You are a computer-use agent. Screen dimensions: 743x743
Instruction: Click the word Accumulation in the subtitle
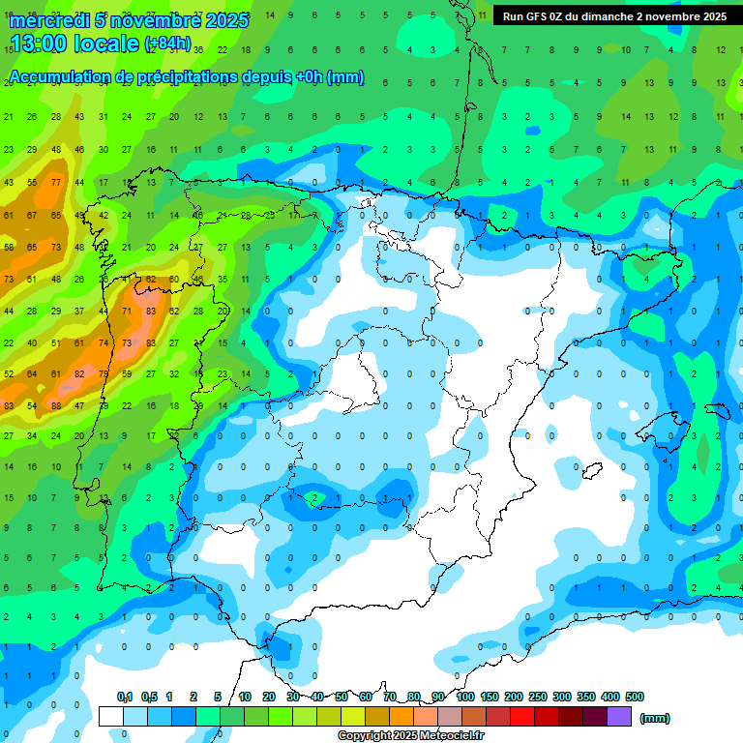pyautogui.click(x=65, y=77)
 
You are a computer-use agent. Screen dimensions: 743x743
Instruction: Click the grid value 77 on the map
pyautogui.click(x=57, y=182)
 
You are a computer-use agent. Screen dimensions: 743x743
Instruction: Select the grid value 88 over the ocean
pyautogui.click(x=56, y=405)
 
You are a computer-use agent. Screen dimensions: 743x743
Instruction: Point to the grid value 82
pyautogui.click(x=80, y=373)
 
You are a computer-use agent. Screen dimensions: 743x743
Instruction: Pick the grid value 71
pyautogui.click(x=127, y=312)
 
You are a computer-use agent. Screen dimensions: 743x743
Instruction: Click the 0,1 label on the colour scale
pyautogui.click(x=125, y=697)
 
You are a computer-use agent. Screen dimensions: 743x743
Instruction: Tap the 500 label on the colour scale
pyautogui.click(x=635, y=697)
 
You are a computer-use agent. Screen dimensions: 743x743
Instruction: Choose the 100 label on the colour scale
pyautogui.click(x=465, y=697)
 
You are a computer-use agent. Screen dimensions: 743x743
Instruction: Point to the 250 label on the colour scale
pyautogui.click(x=538, y=697)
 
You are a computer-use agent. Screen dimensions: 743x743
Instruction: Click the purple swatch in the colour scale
pyautogui.click(x=620, y=716)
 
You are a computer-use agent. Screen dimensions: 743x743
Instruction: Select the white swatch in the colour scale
pyautogui.click(x=111, y=716)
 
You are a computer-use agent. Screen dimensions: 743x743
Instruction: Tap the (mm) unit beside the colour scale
pyautogui.click(x=654, y=718)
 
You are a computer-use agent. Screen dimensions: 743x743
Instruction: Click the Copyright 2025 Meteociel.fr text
pyautogui.click(x=411, y=735)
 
